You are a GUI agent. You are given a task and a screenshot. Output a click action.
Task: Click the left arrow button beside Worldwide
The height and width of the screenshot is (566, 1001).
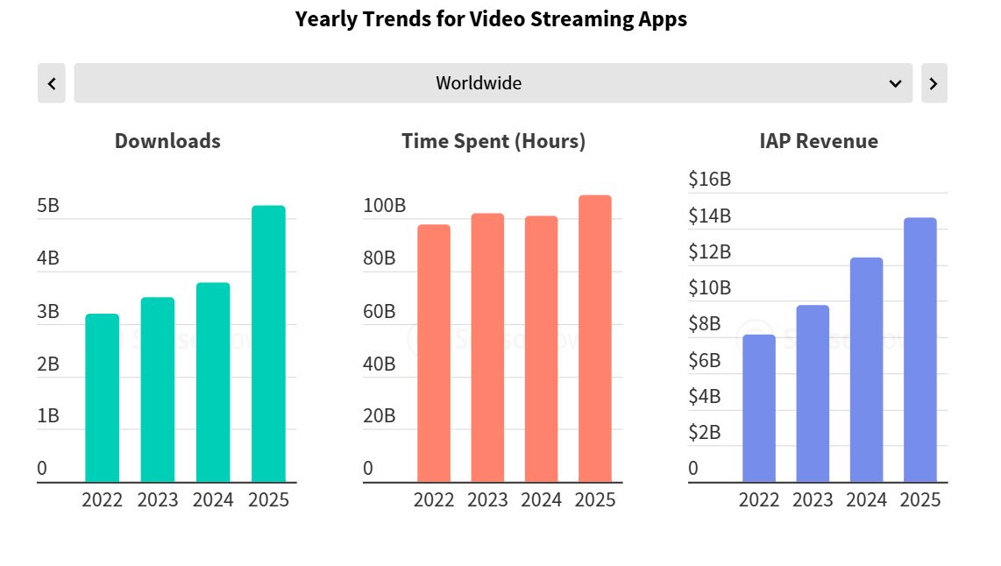52,83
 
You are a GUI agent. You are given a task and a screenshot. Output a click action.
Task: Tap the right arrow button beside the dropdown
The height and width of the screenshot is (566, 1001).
934,83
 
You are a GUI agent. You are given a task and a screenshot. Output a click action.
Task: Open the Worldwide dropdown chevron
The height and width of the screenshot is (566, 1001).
895,83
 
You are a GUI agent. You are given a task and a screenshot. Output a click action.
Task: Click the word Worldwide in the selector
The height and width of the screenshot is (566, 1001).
479,83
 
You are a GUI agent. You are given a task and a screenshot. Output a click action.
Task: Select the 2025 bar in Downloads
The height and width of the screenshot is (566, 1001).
268,343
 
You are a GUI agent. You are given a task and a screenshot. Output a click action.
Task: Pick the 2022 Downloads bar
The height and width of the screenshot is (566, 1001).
103,398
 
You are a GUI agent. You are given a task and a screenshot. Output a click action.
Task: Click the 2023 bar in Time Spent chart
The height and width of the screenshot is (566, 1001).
487,348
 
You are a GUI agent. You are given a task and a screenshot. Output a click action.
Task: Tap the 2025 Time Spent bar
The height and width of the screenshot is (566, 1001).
595,338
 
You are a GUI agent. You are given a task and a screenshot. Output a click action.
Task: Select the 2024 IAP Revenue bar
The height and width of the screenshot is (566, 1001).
866,370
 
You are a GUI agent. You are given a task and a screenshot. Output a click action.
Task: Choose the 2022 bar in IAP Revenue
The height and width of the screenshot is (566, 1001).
759,408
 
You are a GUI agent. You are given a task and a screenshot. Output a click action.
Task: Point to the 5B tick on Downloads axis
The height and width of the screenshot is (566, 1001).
48,206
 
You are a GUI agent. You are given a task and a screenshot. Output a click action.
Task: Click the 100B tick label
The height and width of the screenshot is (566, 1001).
385,206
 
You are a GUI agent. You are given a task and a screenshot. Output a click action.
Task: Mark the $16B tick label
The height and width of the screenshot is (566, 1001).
709,180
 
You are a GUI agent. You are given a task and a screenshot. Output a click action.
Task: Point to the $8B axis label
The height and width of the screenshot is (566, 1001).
704,324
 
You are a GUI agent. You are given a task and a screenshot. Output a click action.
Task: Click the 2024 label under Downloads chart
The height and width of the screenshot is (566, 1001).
213,499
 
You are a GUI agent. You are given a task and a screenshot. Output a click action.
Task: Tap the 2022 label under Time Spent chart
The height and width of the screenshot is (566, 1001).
434,499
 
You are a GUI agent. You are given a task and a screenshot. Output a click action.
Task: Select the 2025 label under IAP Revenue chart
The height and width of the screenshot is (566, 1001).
920,499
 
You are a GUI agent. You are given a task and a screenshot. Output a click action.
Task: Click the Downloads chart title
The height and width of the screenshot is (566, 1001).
167,141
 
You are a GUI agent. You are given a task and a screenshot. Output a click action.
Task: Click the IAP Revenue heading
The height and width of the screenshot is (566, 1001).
819,141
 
